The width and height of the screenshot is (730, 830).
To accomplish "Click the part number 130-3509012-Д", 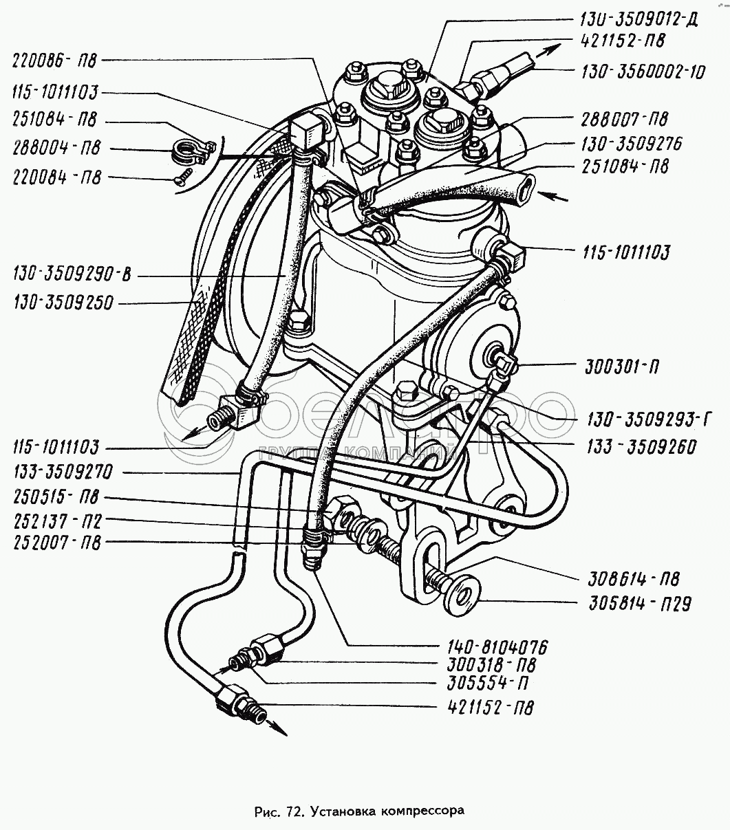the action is [638, 19].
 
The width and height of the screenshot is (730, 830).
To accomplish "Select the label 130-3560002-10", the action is [643, 72].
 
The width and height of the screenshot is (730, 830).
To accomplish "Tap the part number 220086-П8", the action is [54, 61].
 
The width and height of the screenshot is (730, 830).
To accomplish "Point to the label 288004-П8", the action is [56, 148].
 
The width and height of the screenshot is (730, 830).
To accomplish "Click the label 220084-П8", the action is [57, 178].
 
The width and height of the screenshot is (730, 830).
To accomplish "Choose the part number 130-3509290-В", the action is [72, 274].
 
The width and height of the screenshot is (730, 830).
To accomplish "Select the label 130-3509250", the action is [63, 303].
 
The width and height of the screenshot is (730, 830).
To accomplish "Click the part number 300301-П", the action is [621, 367].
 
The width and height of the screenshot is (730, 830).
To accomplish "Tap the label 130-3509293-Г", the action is [648, 419].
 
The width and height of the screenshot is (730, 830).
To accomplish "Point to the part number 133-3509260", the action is [641, 446].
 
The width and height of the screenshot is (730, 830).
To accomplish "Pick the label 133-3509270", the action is [63, 472].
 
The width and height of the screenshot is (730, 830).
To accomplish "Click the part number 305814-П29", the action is [641, 604].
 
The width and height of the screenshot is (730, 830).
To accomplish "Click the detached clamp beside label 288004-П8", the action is [192, 151].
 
